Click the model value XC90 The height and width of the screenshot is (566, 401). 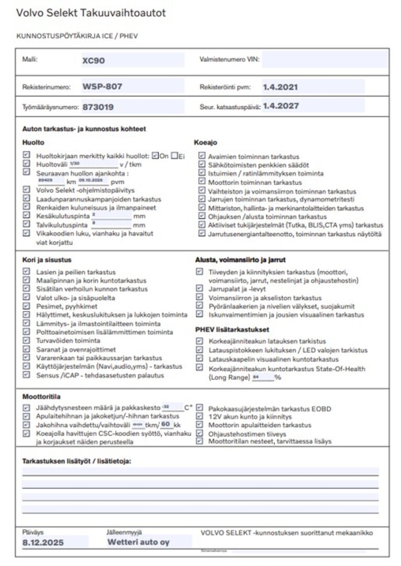(94, 60)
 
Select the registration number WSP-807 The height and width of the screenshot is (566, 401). (103, 86)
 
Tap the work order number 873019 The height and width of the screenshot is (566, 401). (98, 107)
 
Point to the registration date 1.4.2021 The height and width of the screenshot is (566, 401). (281, 86)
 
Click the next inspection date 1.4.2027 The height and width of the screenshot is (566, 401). (281, 106)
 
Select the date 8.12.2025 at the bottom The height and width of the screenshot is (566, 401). (43, 543)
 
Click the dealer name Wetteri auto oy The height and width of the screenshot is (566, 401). (138, 542)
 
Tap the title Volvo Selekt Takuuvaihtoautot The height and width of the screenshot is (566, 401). (91, 13)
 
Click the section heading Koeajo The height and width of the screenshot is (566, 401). (205, 142)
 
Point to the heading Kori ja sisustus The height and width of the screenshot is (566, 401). (47, 259)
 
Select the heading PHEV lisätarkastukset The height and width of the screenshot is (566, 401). (232, 330)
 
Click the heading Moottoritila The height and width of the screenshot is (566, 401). (41, 397)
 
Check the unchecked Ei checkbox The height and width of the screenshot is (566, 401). (174, 156)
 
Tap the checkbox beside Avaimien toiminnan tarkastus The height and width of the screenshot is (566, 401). (202, 156)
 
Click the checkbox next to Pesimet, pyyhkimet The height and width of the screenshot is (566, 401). (27, 306)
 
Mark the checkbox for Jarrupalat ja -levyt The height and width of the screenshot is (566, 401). (199, 288)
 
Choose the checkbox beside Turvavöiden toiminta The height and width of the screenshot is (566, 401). (27, 340)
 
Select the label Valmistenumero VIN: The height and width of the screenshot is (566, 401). (229, 60)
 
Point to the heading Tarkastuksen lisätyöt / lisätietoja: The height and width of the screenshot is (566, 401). (76, 461)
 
